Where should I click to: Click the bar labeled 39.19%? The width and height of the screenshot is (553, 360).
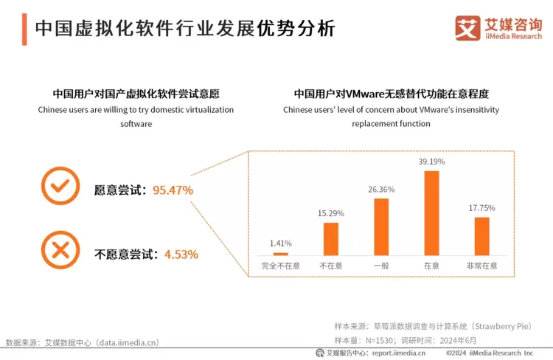431,213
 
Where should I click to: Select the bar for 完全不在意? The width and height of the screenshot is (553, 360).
281,254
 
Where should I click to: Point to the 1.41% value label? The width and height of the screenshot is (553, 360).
281,243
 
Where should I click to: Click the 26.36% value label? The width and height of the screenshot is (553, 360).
381,190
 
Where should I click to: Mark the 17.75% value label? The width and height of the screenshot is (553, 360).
481,208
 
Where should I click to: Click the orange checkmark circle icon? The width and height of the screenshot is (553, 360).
60,186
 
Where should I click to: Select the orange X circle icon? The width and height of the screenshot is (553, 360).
60,250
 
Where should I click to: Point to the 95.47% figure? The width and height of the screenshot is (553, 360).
173,190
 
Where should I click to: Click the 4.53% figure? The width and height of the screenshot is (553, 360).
181,255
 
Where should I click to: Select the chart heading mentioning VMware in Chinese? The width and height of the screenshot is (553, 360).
391,94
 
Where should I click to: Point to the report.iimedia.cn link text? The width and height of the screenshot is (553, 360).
399,353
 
